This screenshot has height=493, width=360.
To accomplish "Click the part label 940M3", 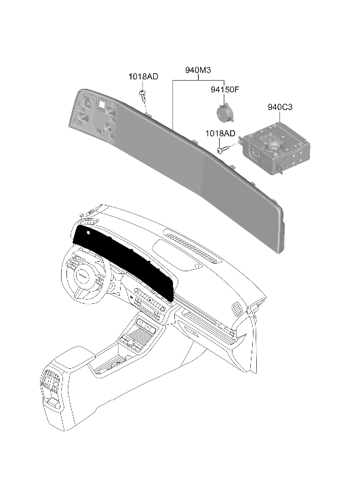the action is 198,70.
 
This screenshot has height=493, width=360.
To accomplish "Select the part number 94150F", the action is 225,90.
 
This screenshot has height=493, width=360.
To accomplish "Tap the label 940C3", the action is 280,107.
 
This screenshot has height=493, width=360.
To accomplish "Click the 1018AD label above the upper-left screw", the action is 143,77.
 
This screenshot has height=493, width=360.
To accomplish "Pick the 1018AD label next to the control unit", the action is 220,134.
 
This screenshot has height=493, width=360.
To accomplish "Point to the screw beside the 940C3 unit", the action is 222,151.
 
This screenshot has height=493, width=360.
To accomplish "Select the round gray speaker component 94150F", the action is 225,112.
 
